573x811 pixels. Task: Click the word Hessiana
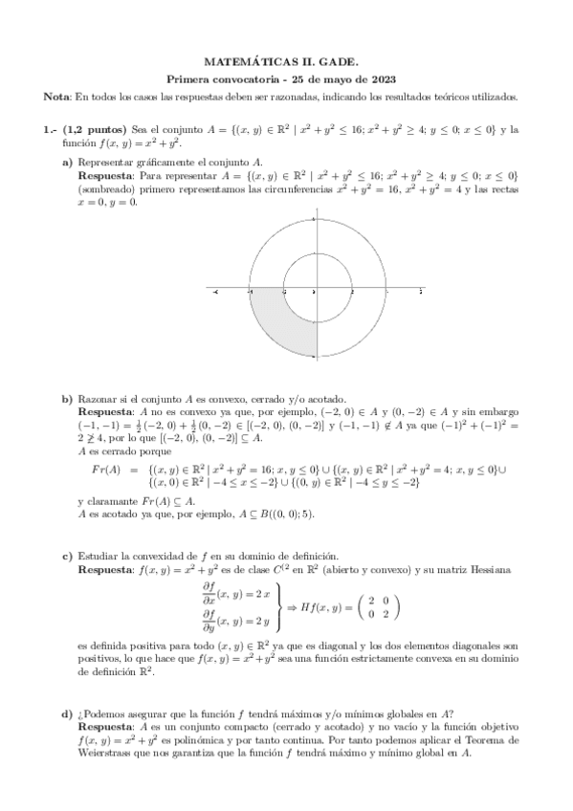(x=497, y=569)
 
